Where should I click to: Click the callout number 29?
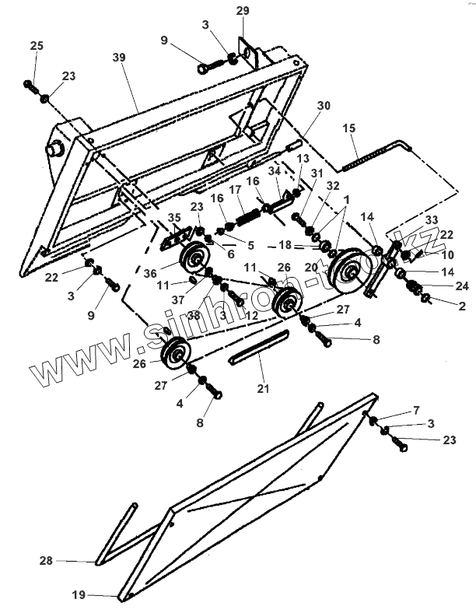click(x=243, y=10)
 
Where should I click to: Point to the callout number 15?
click(x=348, y=128)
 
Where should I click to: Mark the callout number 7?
click(x=415, y=409)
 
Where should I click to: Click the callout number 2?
click(x=462, y=306)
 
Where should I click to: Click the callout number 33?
click(x=430, y=220)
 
